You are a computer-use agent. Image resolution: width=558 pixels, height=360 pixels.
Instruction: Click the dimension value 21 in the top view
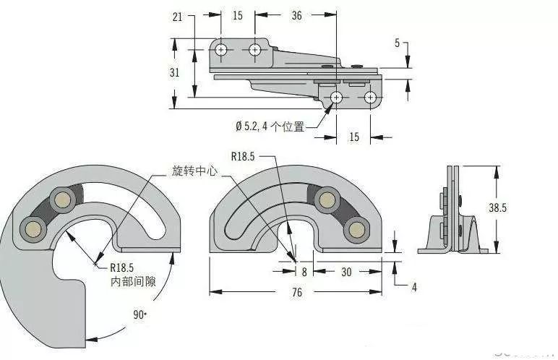coord(178,16)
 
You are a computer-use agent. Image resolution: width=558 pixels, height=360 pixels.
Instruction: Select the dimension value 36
coord(296,16)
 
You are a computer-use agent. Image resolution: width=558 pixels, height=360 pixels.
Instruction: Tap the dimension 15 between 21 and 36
coord(237,16)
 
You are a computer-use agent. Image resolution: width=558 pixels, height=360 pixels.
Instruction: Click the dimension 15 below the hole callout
coord(354,137)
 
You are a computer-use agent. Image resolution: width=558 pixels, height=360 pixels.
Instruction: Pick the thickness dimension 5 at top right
coord(397,43)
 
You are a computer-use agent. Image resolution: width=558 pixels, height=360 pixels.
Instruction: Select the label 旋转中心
coord(194,172)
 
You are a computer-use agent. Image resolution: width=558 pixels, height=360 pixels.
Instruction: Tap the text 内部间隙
coord(132,279)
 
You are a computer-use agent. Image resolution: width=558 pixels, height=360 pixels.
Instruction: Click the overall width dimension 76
coord(297,292)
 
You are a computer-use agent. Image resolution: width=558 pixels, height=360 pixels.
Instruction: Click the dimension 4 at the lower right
coord(414,287)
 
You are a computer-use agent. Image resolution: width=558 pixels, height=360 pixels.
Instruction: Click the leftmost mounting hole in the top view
coord(222,50)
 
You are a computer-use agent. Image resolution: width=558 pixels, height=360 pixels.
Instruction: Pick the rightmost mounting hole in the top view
coord(370,97)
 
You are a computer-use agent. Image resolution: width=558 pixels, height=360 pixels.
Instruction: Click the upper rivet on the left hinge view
coord(63,200)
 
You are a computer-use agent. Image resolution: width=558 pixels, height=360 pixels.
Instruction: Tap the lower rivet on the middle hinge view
coord(355,229)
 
